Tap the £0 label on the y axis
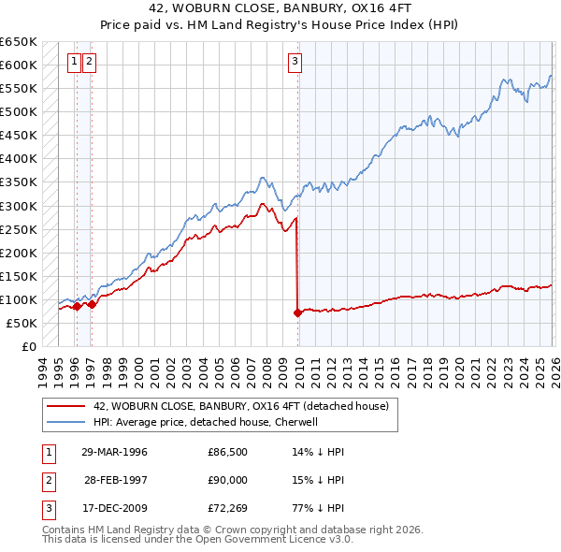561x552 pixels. [x=29, y=346]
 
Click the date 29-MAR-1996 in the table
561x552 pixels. [x=115, y=452]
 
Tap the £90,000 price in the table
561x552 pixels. [x=228, y=480]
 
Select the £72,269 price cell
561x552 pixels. [x=228, y=508]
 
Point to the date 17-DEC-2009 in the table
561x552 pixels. [x=115, y=508]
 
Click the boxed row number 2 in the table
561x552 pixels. [x=48, y=480]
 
